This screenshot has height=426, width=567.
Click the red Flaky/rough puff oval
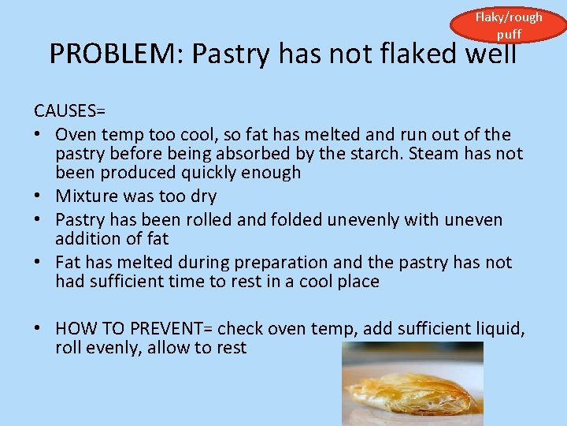[508, 24]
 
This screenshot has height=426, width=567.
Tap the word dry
[202, 196]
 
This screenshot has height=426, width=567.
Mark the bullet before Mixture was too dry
[39, 196]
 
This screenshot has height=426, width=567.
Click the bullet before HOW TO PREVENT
[39, 328]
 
